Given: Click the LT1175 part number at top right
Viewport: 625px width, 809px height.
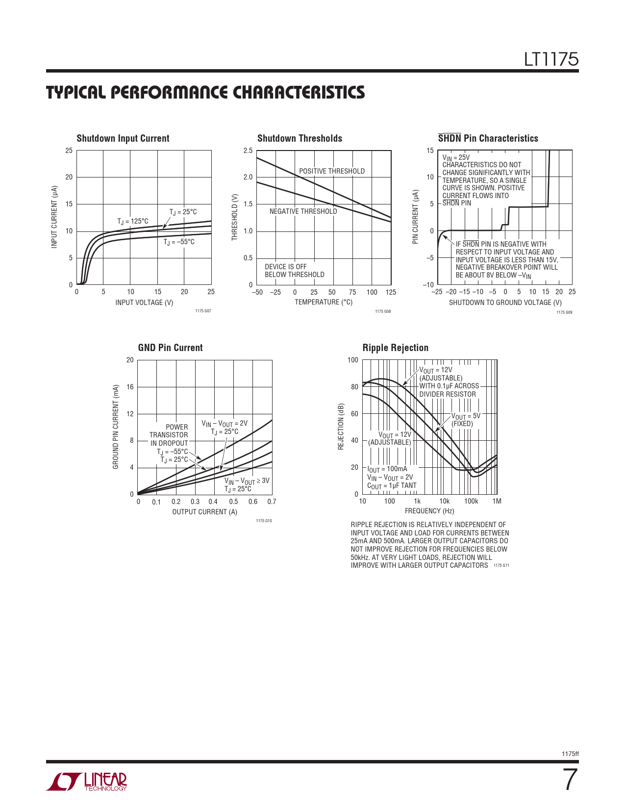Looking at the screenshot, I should click(x=551, y=59).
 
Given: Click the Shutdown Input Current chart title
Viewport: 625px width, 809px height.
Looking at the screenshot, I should click(x=123, y=138).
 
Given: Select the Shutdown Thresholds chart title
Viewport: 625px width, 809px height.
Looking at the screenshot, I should click(x=300, y=138).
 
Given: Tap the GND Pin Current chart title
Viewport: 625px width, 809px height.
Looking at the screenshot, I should click(x=170, y=348).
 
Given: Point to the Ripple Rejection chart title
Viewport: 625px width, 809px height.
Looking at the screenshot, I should click(x=395, y=348).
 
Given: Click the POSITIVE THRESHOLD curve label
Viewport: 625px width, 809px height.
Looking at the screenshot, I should click(x=332, y=171).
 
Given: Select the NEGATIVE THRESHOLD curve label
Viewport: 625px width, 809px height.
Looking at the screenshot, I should click(x=303, y=211).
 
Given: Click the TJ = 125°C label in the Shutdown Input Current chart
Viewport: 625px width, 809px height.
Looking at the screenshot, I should click(x=132, y=221).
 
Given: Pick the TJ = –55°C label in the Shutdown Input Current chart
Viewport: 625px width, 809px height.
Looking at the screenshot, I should click(x=179, y=242).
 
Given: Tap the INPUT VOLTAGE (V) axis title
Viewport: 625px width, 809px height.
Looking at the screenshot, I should click(x=144, y=303).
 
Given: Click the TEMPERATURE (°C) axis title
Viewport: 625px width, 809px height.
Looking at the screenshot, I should click(x=324, y=302).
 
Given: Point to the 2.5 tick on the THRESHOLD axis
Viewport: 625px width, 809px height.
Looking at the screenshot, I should click(x=248, y=151).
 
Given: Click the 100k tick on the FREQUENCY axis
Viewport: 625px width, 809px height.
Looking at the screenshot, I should click(x=471, y=501).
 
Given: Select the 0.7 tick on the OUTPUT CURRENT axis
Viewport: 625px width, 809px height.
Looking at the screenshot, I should click(x=272, y=502).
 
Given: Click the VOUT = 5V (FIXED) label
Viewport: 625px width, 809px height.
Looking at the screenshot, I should click(x=465, y=420).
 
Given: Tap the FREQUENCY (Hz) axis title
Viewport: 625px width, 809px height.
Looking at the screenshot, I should click(x=429, y=511).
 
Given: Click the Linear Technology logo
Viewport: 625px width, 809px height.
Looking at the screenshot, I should click(x=87, y=782).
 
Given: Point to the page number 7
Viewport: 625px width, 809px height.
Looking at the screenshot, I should click(x=570, y=780).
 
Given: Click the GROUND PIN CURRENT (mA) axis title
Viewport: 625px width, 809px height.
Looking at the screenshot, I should click(x=116, y=427).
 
